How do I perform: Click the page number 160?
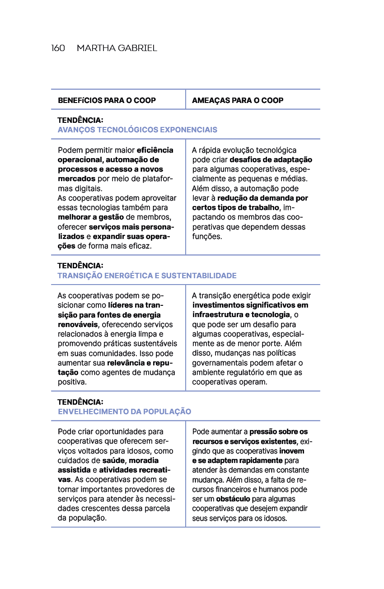58,48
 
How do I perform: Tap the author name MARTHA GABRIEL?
117,48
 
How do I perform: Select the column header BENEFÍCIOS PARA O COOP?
107,100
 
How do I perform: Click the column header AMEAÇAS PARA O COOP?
238,100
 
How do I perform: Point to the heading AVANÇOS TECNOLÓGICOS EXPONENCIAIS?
137,130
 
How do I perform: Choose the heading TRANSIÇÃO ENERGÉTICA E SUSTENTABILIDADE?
147,276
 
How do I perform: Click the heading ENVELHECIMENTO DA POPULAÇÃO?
124,412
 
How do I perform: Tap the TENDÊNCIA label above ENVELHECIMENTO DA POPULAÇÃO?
80,402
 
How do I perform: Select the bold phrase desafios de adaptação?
271,160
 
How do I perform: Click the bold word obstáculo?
233,499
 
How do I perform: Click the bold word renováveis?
78,325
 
